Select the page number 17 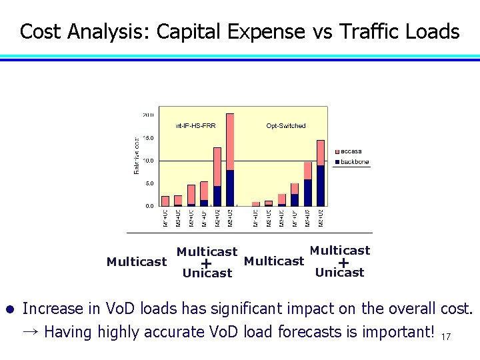tap(445, 337)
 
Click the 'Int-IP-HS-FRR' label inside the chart tap(196, 125)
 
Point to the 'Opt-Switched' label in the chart tap(286, 125)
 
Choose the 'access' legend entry tap(351, 151)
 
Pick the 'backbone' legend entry tap(354, 162)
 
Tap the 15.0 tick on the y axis tap(149, 138)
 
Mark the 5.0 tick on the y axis tap(149, 183)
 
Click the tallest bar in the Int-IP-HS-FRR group tap(230, 160)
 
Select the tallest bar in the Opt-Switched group tap(321, 173)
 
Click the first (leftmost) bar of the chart tap(165, 201)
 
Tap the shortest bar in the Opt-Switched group tap(256, 203)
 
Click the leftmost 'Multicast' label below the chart tap(137, 261)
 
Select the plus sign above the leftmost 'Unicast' tap(207, 263)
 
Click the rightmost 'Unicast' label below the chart tap(339, 272)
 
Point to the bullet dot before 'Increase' tap(10, 310)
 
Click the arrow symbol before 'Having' tap(31, 331)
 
